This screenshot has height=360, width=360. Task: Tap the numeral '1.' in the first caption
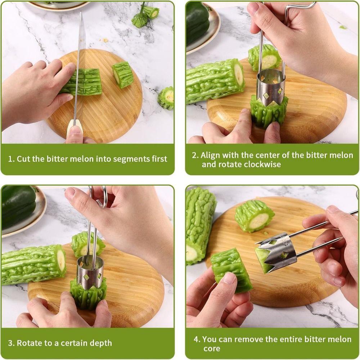point(11,159)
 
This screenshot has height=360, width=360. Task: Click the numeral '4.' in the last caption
point(197,339)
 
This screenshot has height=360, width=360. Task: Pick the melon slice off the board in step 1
point(166,98)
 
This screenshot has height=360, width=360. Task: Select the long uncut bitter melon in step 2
point(214,81)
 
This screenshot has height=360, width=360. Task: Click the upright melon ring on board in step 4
point(255,216)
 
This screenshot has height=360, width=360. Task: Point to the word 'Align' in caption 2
point(210,155)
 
